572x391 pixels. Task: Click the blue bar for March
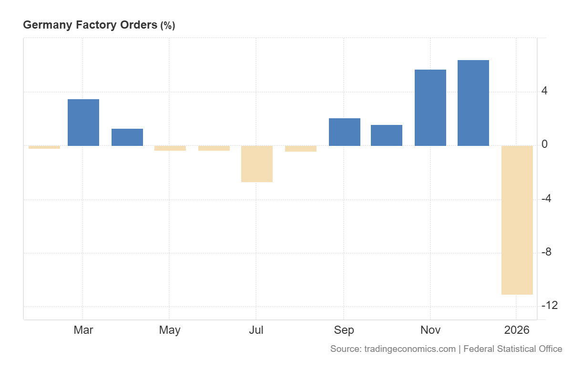click(83, 123)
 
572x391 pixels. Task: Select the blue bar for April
click(127, 137)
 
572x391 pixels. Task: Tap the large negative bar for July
click(257, 164)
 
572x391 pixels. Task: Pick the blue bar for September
click(345, 132)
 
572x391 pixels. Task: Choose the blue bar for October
click(387, 135)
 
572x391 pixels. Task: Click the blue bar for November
click(430, 108)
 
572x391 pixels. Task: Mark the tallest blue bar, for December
click(473, 103)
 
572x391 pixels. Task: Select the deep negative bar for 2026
click(517, 220)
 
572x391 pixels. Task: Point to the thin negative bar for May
click(170, 148)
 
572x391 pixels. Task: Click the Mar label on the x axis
click(83, 330)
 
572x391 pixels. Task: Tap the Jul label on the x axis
click(256, 330)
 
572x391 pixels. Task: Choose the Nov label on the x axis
click(430, 330)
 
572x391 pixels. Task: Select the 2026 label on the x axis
click(517, 330)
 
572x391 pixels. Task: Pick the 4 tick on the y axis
click(544, 91)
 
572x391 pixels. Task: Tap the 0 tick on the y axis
click(544, 145)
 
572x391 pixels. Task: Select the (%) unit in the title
click(167, 26)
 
